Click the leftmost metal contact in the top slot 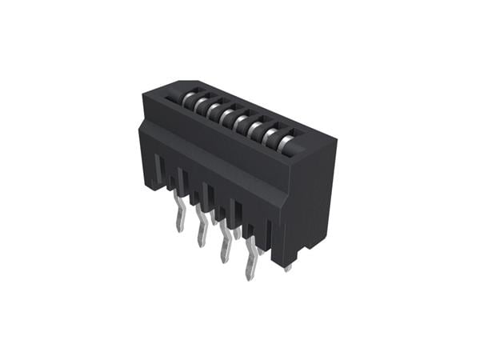189,100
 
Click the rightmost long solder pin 251,260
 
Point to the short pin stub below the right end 288,268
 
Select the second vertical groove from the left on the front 182,183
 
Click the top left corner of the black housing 144,95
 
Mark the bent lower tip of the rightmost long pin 250,274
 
